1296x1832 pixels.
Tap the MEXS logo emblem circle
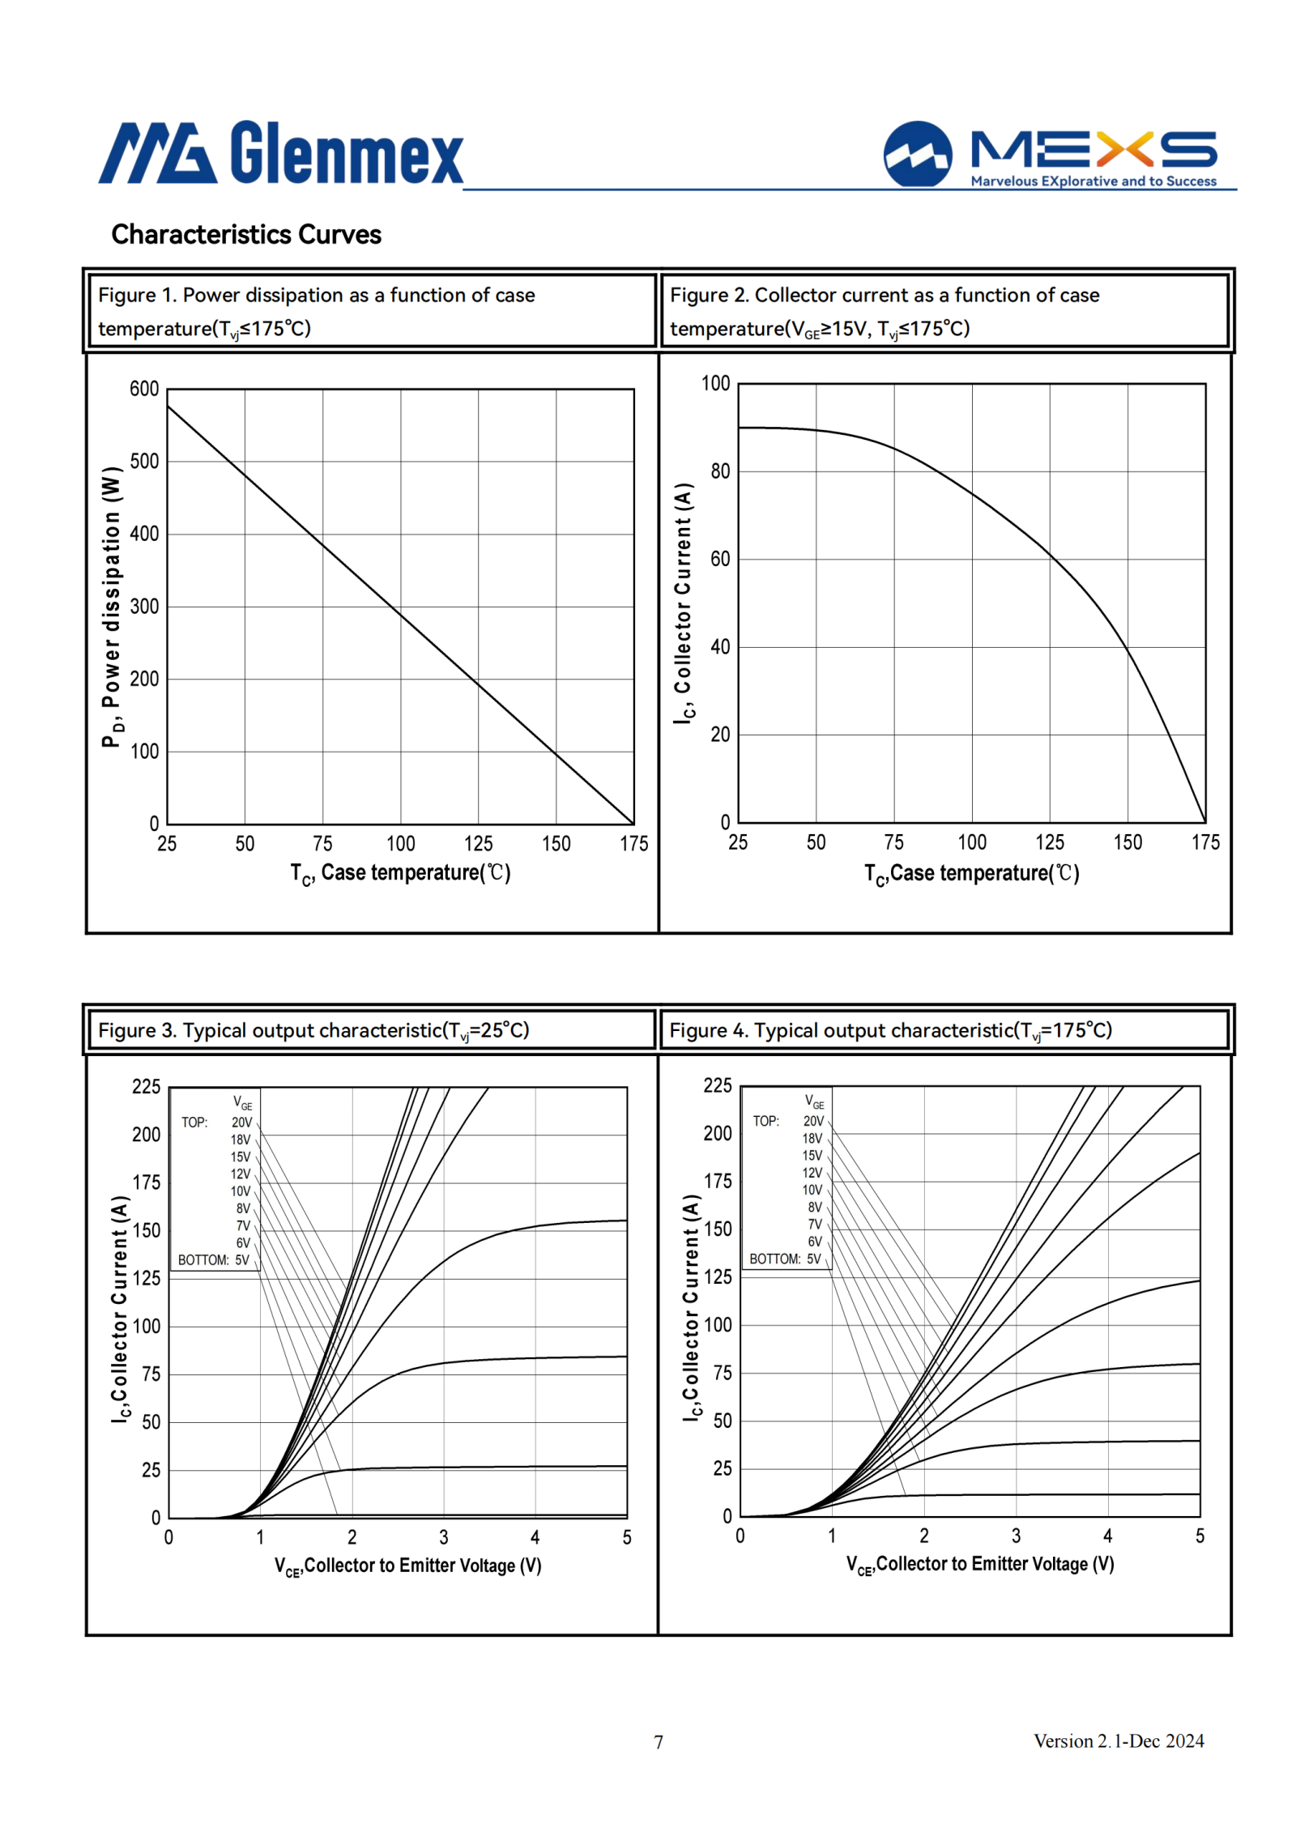[918, 154]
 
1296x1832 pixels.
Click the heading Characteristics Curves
[246, 234]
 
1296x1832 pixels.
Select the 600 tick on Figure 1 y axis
[144, 389]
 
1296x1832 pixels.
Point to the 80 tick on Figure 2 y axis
[720, 471]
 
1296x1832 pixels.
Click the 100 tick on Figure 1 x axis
[400, 844]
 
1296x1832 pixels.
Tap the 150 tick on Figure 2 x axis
[1128, 842]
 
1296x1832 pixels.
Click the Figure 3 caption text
[313, 1030]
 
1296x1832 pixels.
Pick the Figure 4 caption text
[890, 1030]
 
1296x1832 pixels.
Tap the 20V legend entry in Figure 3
[241, 1123]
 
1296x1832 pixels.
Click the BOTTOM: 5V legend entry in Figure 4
[785, 1259]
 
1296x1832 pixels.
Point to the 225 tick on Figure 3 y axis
[146, 1087]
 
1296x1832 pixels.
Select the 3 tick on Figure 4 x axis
[1016, 1536]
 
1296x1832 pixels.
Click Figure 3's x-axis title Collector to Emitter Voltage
[407, 1566]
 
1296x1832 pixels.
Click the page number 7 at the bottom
[659, 1742]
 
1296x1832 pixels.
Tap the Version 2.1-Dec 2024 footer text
[1119, 1741]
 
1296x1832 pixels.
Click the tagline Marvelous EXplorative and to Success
[1093, 181]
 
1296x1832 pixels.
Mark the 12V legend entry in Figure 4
[812, 1173]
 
